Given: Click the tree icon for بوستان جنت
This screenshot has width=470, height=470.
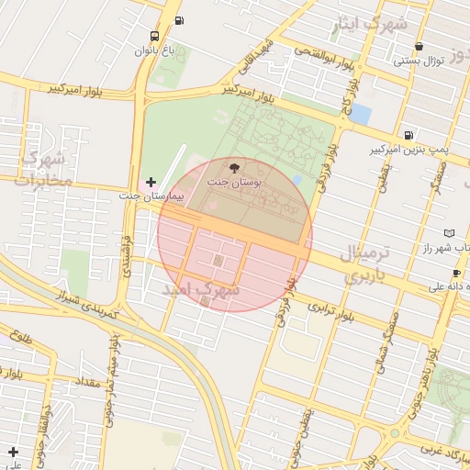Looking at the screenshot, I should tap(234, 168).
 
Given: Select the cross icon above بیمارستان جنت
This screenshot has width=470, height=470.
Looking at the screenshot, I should tap(151, 183).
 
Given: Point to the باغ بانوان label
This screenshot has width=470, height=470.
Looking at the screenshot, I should tap(154, 51).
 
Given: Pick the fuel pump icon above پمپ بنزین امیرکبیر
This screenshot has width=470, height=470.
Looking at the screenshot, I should tap(408, 134).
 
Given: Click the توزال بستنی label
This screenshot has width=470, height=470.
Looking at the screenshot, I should tap(420, 62).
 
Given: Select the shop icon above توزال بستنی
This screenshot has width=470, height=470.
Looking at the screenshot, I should tap(420, 46).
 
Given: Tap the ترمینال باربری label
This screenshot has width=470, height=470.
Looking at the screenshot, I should tap(365, 263).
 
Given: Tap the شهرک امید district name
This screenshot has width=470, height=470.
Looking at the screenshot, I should tap(201, 289).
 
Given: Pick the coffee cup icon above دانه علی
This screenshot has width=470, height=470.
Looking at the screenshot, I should tap(456, 274).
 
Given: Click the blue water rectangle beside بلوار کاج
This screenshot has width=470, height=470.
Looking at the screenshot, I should tap(360, 115).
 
